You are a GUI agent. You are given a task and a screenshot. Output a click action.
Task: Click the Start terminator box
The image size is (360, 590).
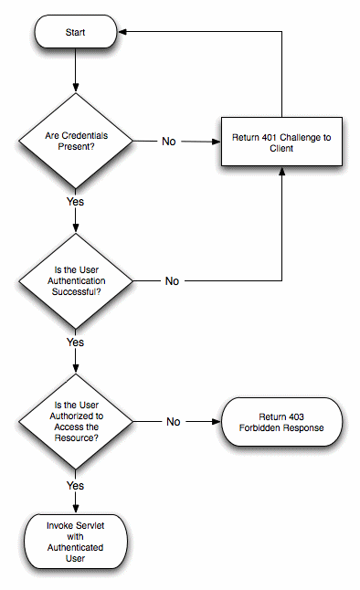coord(76,33)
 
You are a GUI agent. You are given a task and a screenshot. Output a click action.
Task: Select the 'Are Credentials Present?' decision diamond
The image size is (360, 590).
coord(76,142)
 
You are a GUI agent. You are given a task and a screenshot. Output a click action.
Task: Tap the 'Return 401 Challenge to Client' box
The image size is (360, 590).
coord(281,142)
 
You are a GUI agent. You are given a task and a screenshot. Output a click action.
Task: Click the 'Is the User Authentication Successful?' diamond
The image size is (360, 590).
coord(76,280)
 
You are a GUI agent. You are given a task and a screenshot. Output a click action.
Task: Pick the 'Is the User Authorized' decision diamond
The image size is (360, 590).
coord(76,421)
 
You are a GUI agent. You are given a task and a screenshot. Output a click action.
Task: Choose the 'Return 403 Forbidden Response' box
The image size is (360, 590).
coord(281,421)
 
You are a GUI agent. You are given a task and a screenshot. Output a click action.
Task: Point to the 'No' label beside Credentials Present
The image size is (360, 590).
coord(169,142)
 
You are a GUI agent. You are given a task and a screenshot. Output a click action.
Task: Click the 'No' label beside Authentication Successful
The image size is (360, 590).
coord(171,280)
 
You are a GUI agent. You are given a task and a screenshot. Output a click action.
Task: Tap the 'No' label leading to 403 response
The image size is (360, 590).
coord(173,421)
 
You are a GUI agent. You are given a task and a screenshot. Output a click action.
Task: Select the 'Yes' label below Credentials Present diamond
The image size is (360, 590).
coord(76,199)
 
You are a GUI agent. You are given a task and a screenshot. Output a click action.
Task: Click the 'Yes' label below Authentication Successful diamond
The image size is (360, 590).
coord(76,342)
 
